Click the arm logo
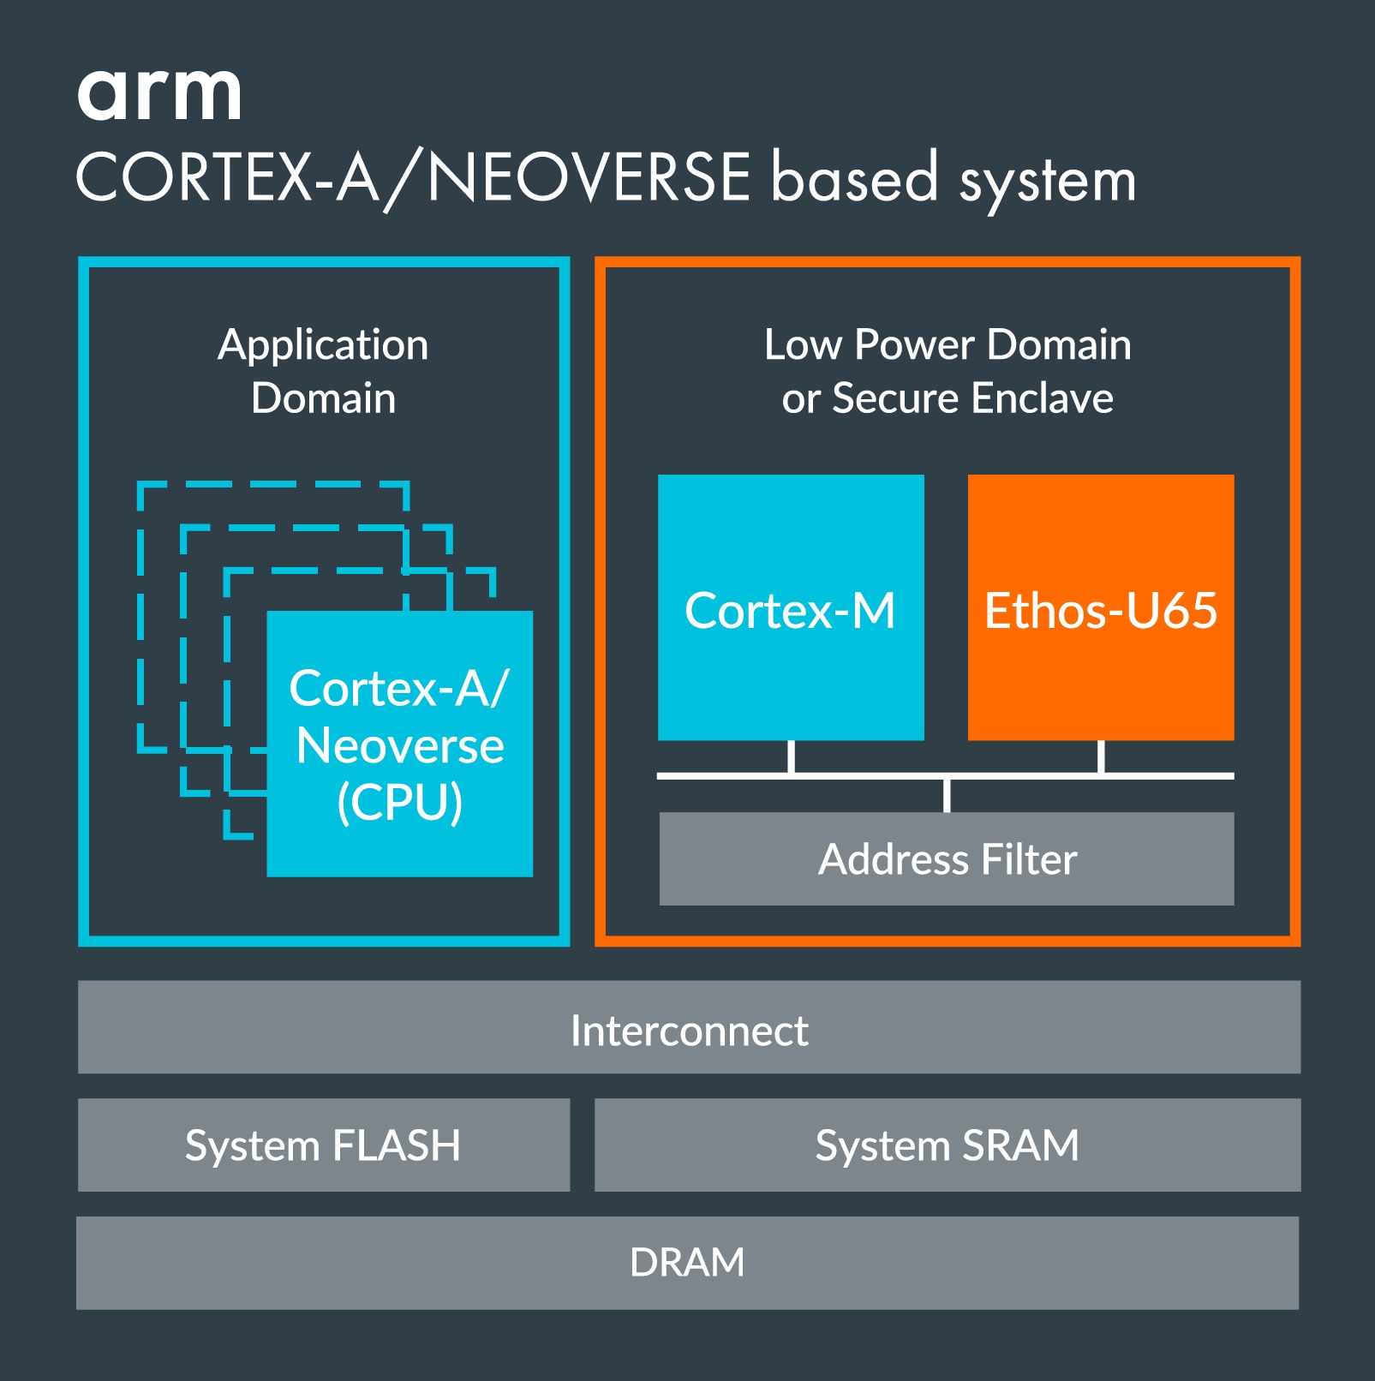[159, 93]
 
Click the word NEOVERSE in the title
[589, 178]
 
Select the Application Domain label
[323, 371]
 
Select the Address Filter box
[946, 858]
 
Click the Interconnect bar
[688, 1027]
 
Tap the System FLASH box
[323, 1145]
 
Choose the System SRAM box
[947, 1145]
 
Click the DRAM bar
[687, 1262]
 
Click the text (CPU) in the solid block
[399, 803]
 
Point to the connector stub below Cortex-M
[791, 756]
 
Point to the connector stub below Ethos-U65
[1101, 756]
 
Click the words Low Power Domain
[947, 344]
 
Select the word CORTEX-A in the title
[228, 178]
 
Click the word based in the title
[854, 178]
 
